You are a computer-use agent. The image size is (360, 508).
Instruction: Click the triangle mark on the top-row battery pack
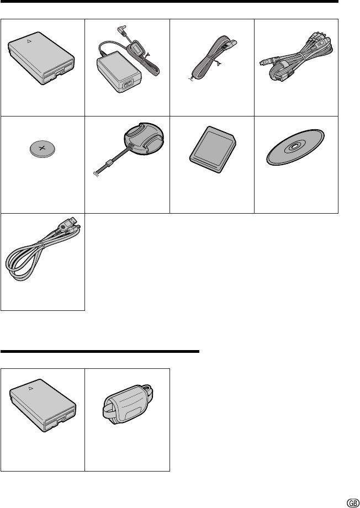click(29, 41)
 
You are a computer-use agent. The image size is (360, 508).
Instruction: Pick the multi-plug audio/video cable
click(296, 59)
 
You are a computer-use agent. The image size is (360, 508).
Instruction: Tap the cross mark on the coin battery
click(42, 149)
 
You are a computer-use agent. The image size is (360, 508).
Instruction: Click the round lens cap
click(144, 139)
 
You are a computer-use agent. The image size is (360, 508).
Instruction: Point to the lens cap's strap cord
click(111, 160)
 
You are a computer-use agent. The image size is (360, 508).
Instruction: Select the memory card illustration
click(213, 149)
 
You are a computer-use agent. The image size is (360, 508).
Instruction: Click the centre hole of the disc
click(294, 146)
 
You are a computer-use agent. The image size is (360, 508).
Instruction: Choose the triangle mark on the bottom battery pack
click(31, 388)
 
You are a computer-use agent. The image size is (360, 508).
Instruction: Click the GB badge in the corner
click(353, 503)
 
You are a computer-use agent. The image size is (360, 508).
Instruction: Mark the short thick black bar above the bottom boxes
click(100, 351)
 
